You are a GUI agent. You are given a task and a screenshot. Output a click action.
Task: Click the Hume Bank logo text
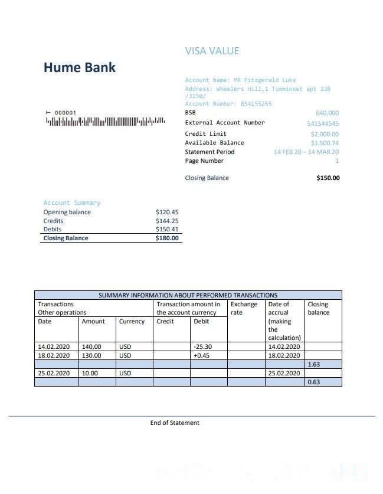(80, 67)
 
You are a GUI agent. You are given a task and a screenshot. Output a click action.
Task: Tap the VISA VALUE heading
(212, 51)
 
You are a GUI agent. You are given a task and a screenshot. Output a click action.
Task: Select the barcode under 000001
(105, 122)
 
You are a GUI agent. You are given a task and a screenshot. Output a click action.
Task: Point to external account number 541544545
(323, 123)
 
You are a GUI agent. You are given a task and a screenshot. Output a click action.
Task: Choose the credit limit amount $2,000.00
(325, 134)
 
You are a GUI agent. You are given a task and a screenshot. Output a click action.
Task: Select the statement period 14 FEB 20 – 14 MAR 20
(306, 152)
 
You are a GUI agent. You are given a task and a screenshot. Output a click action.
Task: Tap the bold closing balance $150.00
(328, 178)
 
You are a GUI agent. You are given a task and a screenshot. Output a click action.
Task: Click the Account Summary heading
(72, 202)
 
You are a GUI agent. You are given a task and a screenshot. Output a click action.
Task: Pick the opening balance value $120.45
(167, 212)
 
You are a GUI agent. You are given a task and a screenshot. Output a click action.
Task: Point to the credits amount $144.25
(167, 221)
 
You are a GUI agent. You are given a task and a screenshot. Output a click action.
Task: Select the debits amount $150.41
(167, 229)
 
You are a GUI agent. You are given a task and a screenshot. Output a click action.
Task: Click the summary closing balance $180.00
(167, 238)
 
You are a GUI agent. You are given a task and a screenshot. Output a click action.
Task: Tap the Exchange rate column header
(244, 308)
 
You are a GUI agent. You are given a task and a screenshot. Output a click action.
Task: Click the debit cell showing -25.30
(202, 347)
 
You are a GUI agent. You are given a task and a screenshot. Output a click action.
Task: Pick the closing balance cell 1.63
(313, 365)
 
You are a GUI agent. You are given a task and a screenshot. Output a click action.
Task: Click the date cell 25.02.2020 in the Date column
(54, 374)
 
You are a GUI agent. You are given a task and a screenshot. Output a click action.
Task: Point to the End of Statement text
(175, 423)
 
